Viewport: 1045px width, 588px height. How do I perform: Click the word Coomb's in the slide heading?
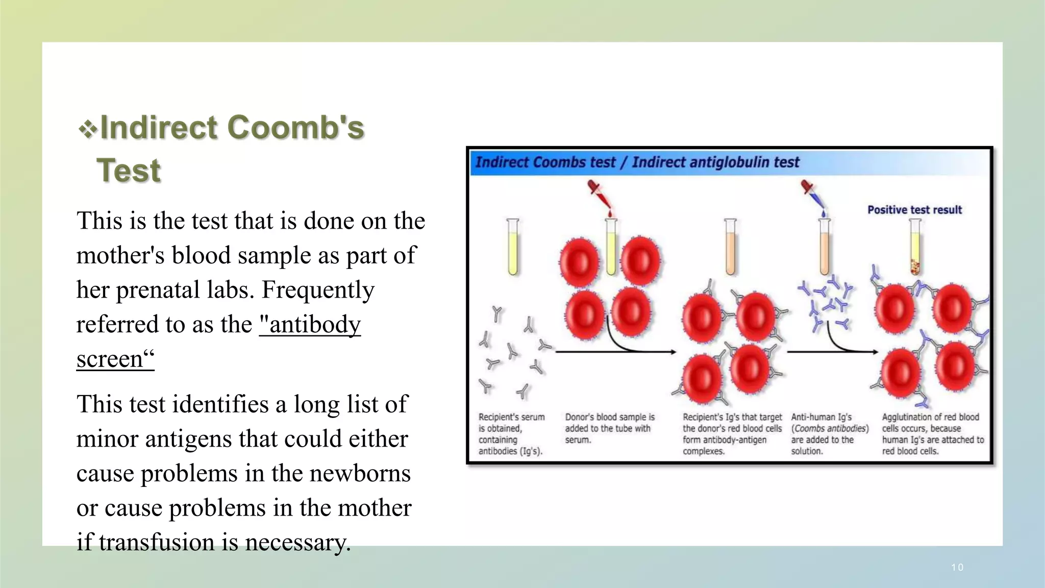(295, 127)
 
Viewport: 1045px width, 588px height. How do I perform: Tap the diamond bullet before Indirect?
(88, 129)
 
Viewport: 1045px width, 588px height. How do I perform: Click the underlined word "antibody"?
(310, 324)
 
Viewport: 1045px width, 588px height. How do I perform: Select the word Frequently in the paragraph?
(318, 290)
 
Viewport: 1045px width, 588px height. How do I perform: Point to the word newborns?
(360, 473)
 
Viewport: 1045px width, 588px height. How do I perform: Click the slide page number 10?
(957, 568)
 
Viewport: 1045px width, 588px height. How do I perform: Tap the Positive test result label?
(914, 210)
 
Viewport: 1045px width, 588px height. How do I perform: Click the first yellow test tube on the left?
(513, 247)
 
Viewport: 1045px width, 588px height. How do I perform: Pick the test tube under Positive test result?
(915, 247)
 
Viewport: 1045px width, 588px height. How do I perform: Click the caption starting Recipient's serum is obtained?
(511, 434)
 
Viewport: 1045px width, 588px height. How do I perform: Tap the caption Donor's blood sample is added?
(609, 428)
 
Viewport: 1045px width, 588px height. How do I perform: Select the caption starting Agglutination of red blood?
(932, 434)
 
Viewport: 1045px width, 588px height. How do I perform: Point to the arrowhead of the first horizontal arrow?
(673, 352)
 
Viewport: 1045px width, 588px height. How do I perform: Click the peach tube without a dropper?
(730, 247)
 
